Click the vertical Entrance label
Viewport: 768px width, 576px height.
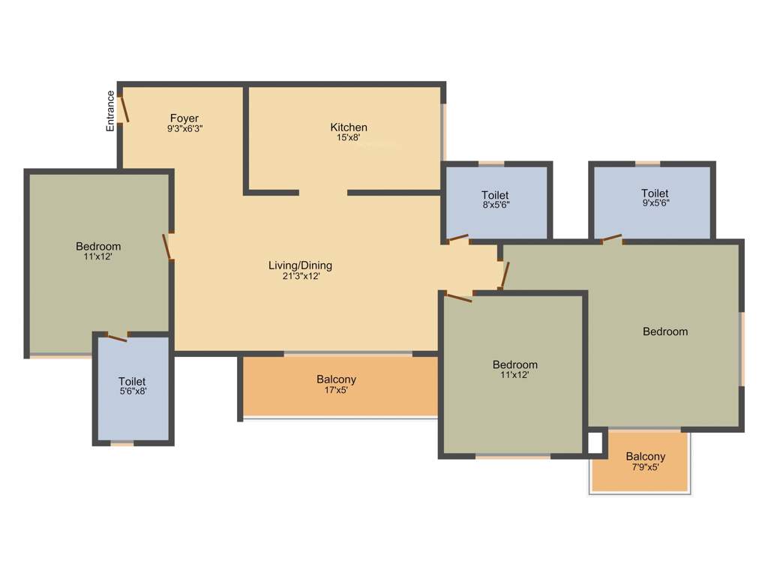pyautogui.click(x=110, y=111)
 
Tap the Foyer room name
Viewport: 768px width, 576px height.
pyautogui.click(x=184, y=118)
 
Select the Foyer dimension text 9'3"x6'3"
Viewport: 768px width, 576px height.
pyautogui.click(x=184, y=128)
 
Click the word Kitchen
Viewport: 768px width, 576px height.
pyautogui.click(x=349, y=127)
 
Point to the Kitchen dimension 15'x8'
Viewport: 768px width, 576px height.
pyautogui.click(x=349, y=137)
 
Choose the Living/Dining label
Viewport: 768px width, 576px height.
pyautogui.click(x=300, y=265)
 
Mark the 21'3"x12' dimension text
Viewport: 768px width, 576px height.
pyautogui.click(x=300, y=276)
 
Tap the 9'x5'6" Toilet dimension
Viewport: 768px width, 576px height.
pyautogui.click(x=655, y=202)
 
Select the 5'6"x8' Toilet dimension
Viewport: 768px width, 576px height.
pyautogui.click(x=132, y=391)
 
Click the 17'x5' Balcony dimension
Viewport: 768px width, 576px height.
pyautogui.click(x=336, y=389)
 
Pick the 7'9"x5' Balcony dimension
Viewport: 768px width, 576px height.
pyautogui.click(x=645, y=466)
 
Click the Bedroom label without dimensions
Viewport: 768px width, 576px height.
pyautogui.click(x=665, y=331)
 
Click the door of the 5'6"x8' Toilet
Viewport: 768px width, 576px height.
pyautogui.click(x=117, y=337)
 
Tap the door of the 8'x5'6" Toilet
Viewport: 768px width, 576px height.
pyautogui.click(x=457, y=239)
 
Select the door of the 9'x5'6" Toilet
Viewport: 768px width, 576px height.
pyautogui.click(x=611, y=239)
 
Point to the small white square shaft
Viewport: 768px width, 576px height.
pyautogui.click(x=595, y=443)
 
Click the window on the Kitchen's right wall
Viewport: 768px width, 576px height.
pyautogui.click(x=443, y=131)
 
